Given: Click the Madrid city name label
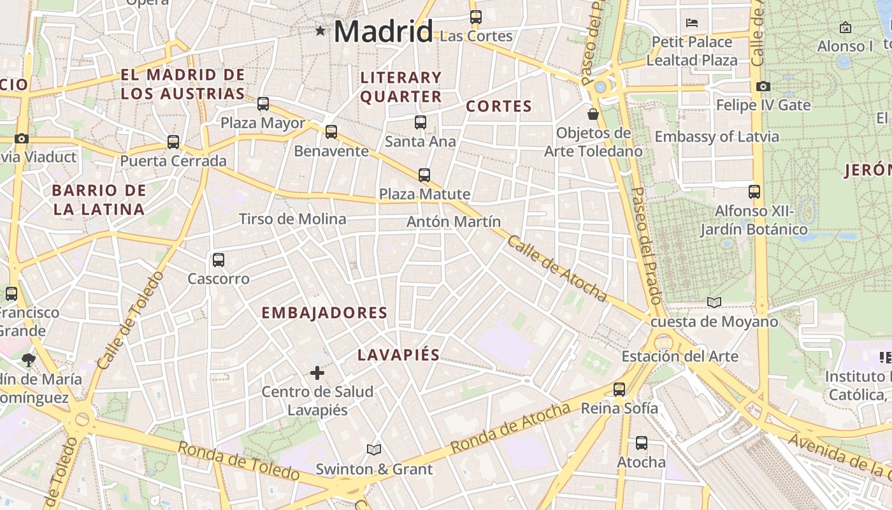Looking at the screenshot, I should click(383, 31).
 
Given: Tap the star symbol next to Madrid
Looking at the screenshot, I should click(320, 30).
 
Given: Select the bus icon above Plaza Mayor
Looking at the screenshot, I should click(263, 104).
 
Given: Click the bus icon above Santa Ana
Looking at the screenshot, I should click(421, 122).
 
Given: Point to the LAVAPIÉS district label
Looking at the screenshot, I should click(398, 355).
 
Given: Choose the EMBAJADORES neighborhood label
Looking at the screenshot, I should click(324, 312).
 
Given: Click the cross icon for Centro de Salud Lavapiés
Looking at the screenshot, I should click(317, 372).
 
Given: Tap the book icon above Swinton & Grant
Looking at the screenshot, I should click(374, 450).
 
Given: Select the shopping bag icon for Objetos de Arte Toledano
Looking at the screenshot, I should click(593, 114).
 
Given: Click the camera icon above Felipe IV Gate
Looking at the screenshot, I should click(763, 86).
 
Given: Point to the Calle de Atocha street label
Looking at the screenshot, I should click(557, 268).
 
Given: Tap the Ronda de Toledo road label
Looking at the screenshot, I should click(238, 461).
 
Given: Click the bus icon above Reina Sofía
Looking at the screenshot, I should click(619, 389).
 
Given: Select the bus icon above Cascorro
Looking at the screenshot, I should click(219, 260).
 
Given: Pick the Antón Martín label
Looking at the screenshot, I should click(454, 222).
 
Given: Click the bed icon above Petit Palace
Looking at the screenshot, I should click(692, 23).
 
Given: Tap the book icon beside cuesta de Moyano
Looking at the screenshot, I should click(714, 302).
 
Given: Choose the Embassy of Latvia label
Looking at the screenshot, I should click(717, 136).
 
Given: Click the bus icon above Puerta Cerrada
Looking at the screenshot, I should click(173, 142).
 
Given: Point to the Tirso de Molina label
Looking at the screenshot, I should click(292, 219).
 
